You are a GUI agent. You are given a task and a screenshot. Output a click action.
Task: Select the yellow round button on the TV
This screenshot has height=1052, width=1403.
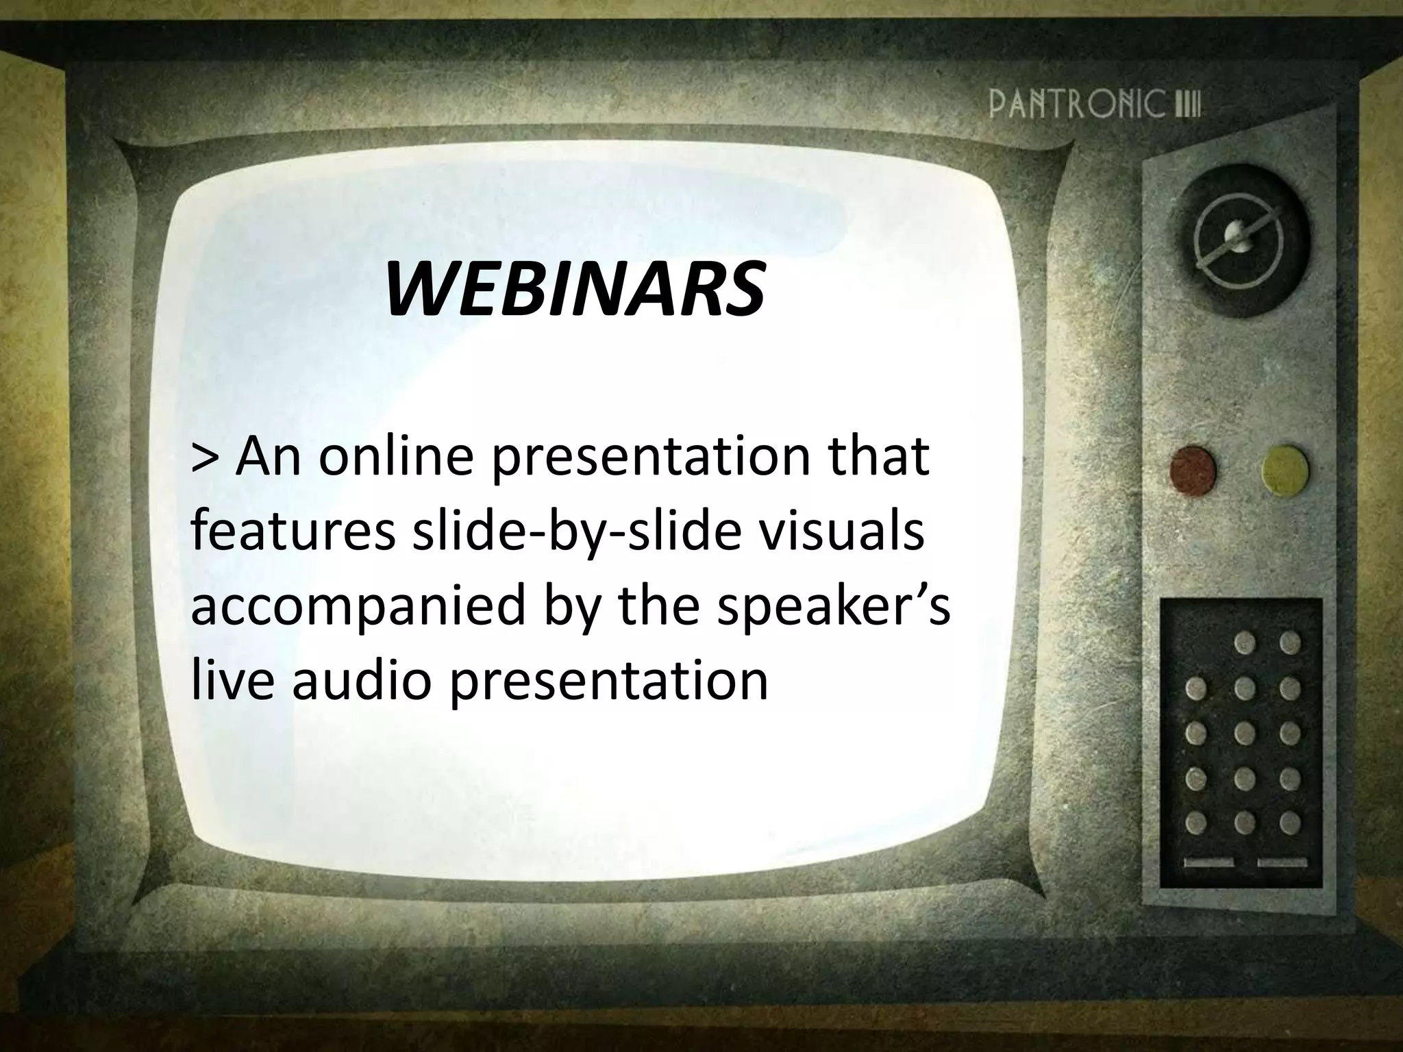click(x=1284, y=470)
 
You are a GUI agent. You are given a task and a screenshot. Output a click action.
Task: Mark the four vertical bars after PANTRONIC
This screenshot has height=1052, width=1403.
click(x=1187, y=108)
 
